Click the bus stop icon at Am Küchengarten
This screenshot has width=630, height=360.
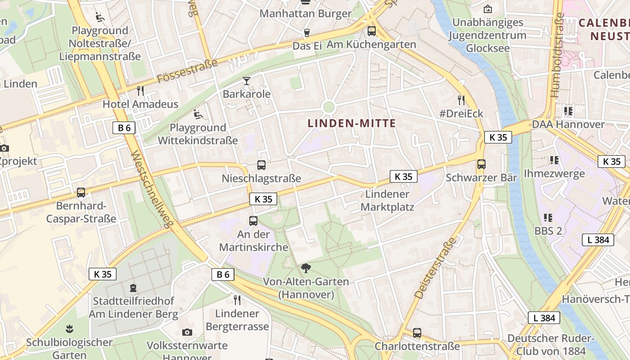(x=371, y=31)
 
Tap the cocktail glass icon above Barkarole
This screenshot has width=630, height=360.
(x=247, y=81)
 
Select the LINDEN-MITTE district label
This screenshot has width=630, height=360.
(x=351, y=123)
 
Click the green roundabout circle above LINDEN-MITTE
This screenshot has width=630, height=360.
(x=329, y=107)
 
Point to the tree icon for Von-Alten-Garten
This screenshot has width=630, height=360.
(x=306, y=269)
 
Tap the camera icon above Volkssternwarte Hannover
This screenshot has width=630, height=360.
(x=187, y=332)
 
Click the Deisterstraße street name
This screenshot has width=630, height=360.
(x=435, y=269)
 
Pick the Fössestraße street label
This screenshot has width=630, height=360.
(x=188, y=72)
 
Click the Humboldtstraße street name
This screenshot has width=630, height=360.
(x=557, y=55)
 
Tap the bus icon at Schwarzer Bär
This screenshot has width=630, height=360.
(x=481, y=164)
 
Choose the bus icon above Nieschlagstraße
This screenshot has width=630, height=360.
(x=261, y=165)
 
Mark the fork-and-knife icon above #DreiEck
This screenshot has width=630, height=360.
(x=461, y=100)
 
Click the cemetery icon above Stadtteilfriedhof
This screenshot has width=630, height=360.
(x=133, y=288)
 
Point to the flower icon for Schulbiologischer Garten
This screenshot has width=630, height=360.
(x=69, y=329)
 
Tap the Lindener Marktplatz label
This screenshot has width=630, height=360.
(x=387, y=201)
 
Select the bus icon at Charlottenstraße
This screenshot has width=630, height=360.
(x=417, y=333)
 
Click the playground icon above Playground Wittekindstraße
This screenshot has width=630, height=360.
(x=198, y=115)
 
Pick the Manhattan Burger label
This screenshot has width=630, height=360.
(x=306, y=13)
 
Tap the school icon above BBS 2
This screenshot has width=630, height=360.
(x=548, y=218)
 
